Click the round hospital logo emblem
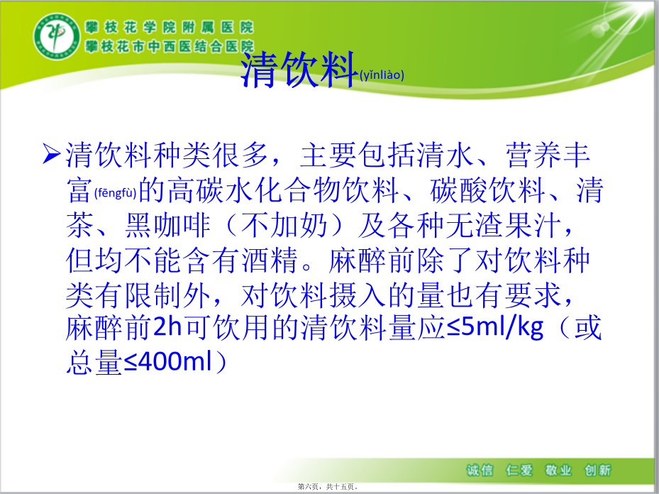57,35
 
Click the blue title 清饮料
299,70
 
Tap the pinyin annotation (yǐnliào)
382,75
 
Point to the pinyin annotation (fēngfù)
115,193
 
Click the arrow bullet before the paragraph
52,153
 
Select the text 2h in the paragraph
167,327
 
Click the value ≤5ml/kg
494,327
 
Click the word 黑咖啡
167,225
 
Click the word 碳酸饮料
487,190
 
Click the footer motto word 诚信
480,470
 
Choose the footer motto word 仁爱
519,470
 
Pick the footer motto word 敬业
558,470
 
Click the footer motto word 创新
597,470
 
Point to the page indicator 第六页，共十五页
328,487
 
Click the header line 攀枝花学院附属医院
170,28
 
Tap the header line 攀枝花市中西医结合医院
170,46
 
